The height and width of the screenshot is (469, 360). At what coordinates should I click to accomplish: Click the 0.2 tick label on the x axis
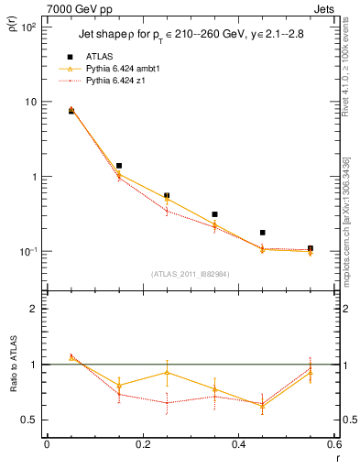click(x=142, y=445)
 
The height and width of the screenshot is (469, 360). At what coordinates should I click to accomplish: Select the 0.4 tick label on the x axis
click(x=238, y=445)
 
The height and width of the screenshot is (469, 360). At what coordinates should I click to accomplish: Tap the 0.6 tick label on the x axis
click(x=333, y=445)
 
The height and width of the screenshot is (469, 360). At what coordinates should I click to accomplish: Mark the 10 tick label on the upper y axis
click(x=30, y=102)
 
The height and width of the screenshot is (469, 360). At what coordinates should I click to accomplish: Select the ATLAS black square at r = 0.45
click(x=262, y=233)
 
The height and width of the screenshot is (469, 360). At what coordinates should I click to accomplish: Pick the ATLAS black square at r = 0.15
click(x=119, y=166)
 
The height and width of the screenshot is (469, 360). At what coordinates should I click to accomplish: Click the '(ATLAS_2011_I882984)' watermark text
click(x=190, y=274)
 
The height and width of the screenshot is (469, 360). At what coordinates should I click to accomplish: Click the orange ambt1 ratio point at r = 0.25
click(x=167, y=372)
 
